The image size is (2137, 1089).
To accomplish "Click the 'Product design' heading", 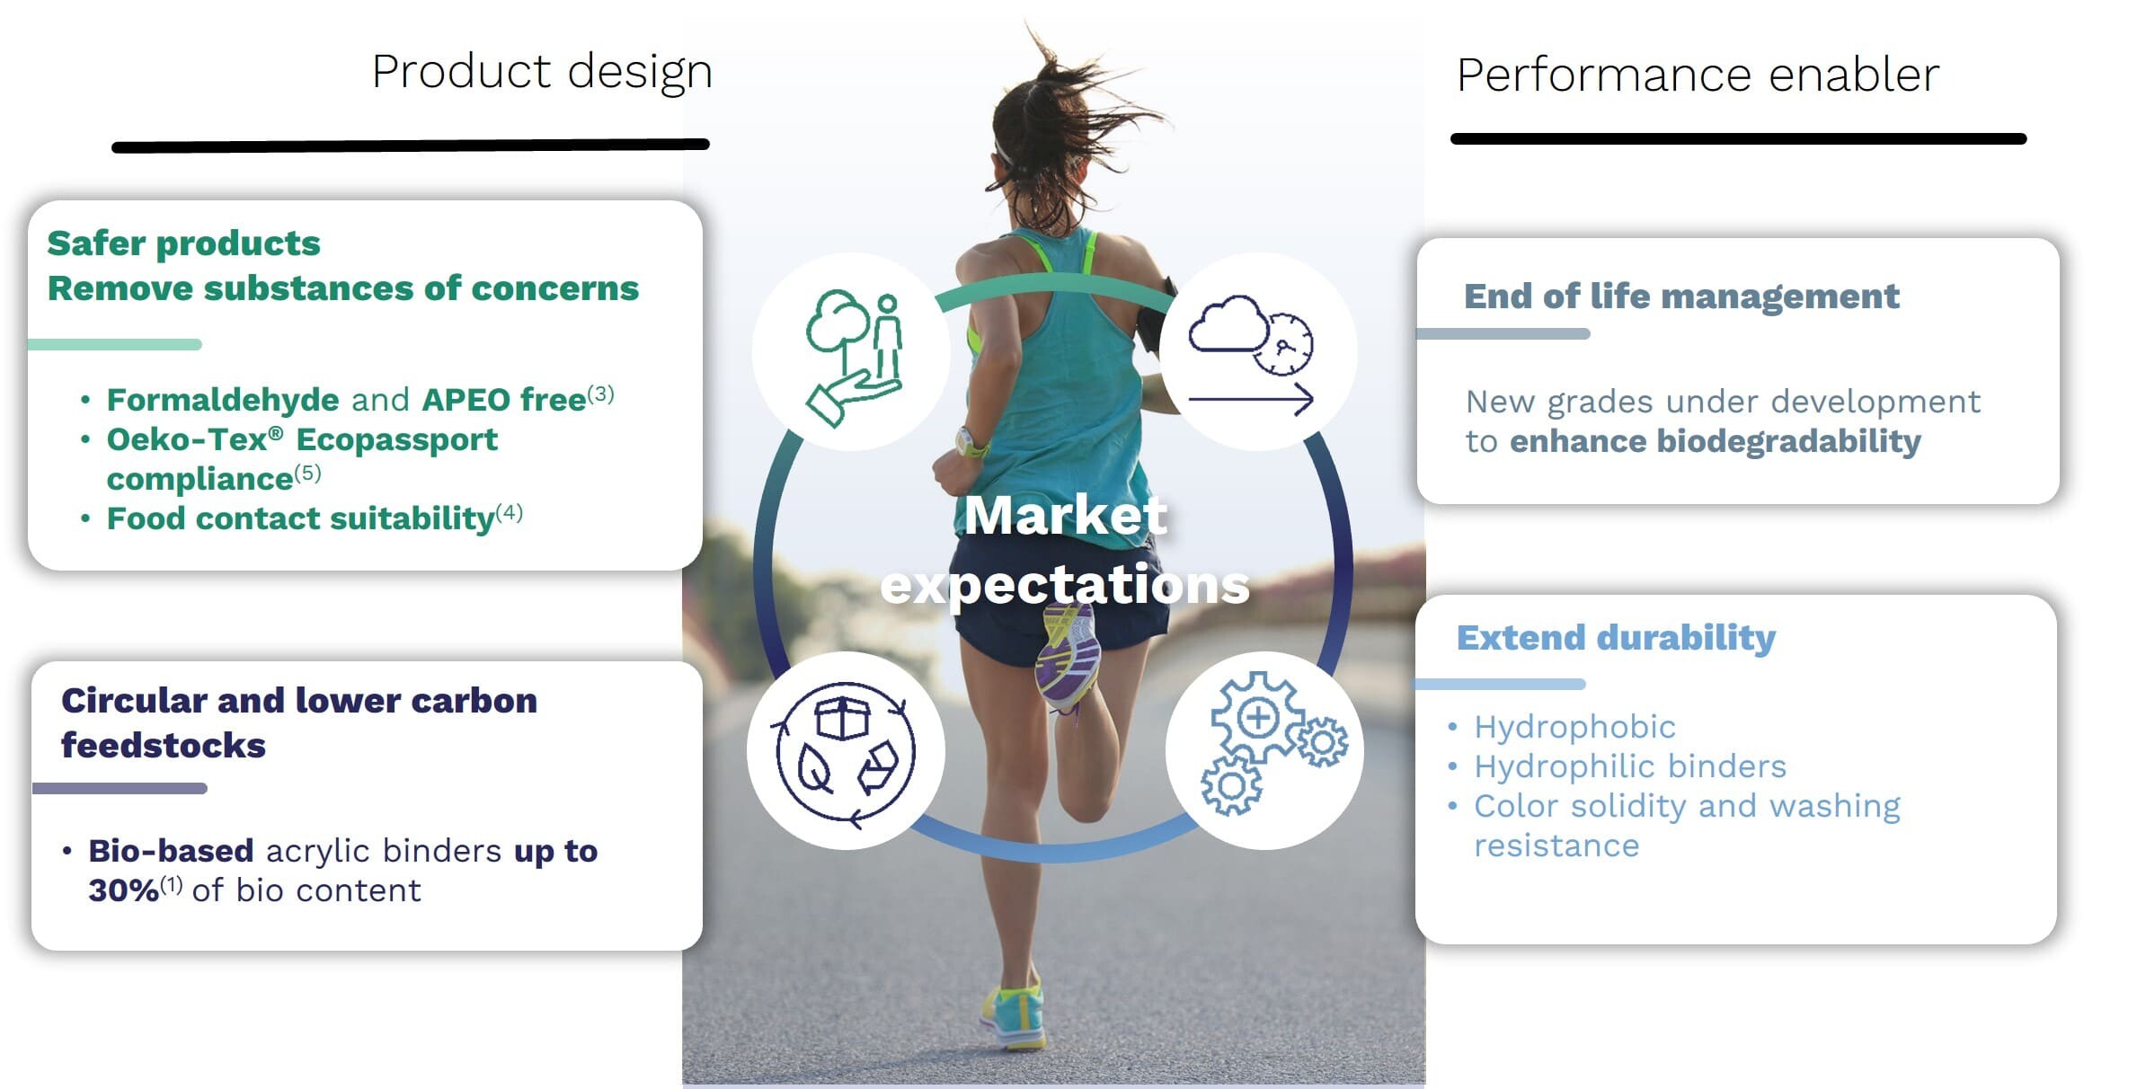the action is (542, 72).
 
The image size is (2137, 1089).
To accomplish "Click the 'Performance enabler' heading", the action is (1698, 74).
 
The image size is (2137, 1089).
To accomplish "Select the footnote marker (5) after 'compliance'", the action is (307, 473).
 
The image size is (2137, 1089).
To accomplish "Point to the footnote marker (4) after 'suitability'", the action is (510, 512).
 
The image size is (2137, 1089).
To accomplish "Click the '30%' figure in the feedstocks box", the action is (124, 890).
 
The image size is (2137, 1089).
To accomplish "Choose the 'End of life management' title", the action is (1681, 296).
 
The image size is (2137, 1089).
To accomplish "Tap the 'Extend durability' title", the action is (1616, 637).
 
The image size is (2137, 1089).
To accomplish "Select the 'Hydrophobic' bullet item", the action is (1574, 726).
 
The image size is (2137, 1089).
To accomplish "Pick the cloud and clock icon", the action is (1251, 354).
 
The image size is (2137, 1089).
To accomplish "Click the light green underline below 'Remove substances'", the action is (114, 344).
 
